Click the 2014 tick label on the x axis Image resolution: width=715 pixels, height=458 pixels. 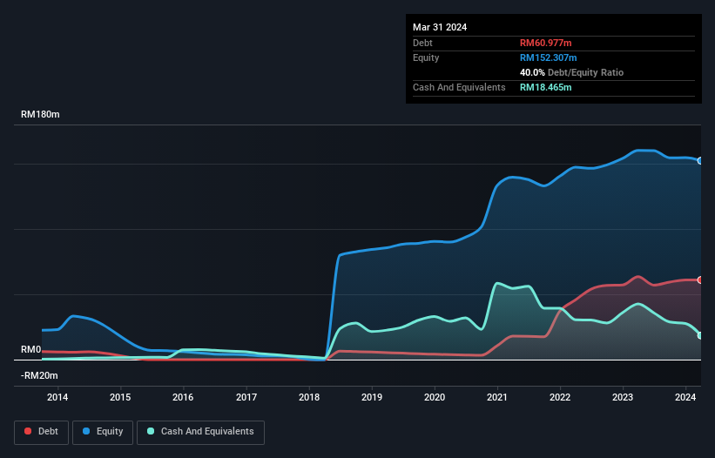pyautogui.click(x=57, y=397)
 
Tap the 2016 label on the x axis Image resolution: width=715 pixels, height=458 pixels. pyautogui.click(x=183, y=397)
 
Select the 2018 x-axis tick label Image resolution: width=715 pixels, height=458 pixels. pyautogui.click(x=309, y=397)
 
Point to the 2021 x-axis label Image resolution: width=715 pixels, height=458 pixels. pyautogui.click(x=497, y=397)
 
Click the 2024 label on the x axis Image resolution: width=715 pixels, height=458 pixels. pyautogui.click(x=685, y=397)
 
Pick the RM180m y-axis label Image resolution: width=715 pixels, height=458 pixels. pyautogui.click(x=40, y=115)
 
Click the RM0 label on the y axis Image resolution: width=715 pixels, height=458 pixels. pyautogui.click(x=31, y=349)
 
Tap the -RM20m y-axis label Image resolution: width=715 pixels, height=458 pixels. pyautogui.click(x=39, y=375)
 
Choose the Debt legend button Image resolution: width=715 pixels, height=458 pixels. pyautogui.click(x=40, y=432)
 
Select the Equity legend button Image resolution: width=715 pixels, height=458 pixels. pyautogui.click(x=103, y=432)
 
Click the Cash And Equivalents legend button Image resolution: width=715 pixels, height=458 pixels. pyautogui.click(x=200, y=432)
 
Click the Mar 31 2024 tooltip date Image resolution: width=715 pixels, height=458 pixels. pyautogui.click(x=440, y=27)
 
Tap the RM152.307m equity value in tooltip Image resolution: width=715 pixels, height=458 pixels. pyautogui.click(x=550, y=57)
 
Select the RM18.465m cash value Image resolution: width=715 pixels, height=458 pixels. pyautogui.click(x=546, y=87)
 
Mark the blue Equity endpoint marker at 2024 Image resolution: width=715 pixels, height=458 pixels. pyautogui.click(x=699, y=161)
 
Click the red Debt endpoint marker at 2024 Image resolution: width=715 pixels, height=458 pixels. pyautogui.click(x=699, y=280)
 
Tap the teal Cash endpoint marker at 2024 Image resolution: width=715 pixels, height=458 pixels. pyautogui.click(x=699, y=335)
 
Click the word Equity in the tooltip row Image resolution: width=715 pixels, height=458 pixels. pyautogui.click(x=427, y=57)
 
